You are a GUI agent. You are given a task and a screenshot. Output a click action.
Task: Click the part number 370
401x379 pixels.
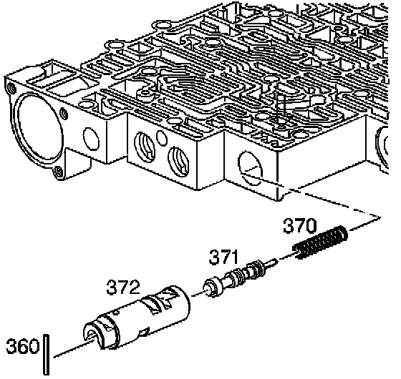[300, 225]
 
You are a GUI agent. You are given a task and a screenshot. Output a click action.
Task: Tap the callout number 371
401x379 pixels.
[223, 257]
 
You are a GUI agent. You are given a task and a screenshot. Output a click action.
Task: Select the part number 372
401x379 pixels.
[123, 287]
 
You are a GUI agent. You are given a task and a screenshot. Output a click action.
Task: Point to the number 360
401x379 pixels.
[22, 346]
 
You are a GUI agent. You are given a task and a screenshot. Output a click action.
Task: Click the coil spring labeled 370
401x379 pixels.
[322, 242]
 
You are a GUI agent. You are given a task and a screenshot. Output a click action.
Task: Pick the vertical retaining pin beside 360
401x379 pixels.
[46, 355]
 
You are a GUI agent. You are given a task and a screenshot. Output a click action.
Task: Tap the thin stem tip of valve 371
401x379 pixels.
[275, 261]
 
